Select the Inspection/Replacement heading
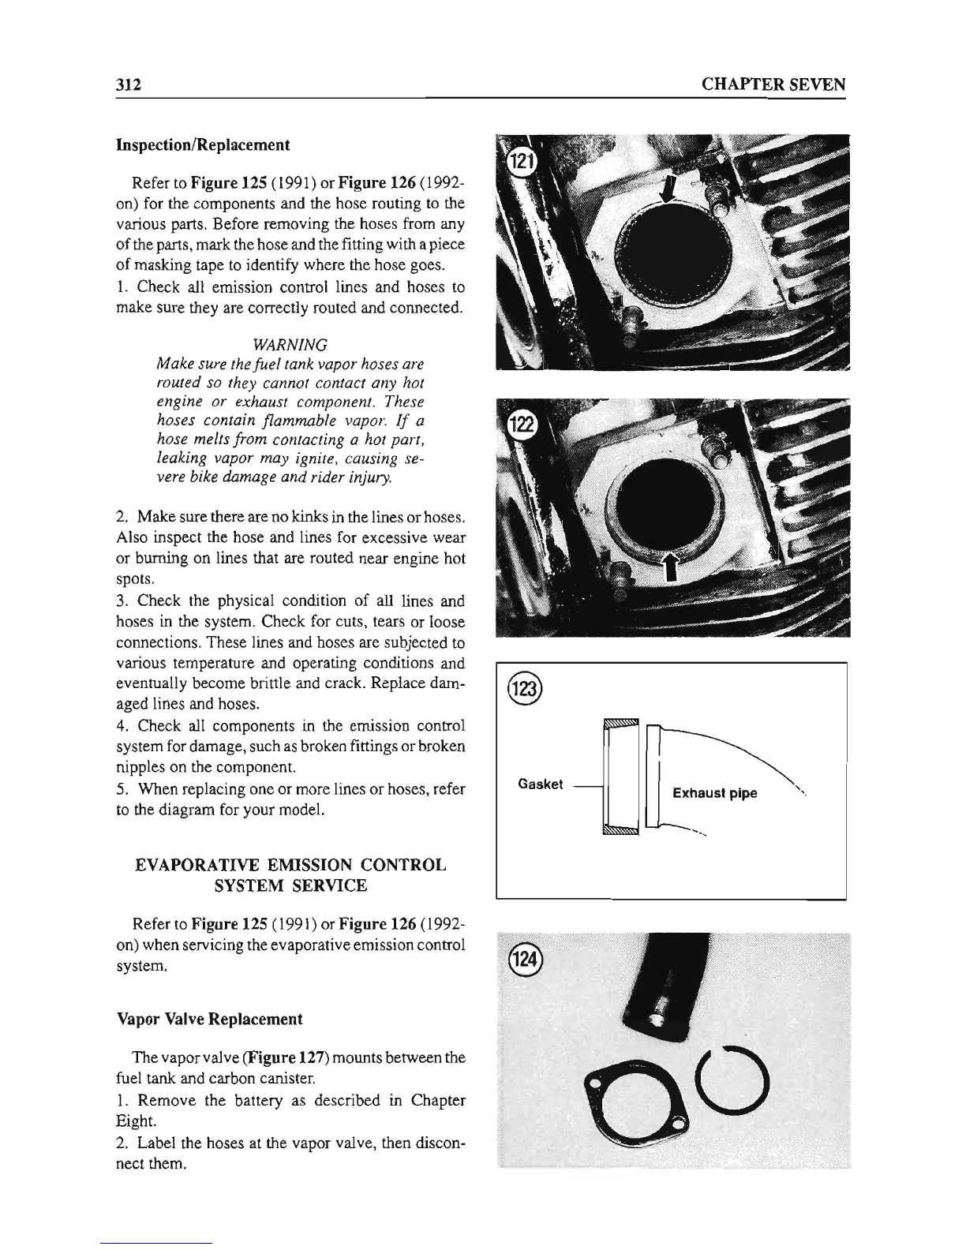[203, 145]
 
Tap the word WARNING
[293, 345]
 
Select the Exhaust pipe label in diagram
[714, 793]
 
